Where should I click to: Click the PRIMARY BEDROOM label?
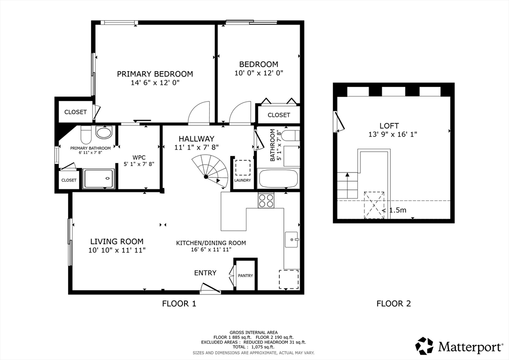[155, 74]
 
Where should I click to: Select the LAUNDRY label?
[243, 180]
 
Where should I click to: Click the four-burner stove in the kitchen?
[266, 200]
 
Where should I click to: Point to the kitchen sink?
[292, 240]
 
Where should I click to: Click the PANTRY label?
[245, 275]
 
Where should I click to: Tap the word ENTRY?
[205, 272]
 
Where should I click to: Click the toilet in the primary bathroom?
[85, 133]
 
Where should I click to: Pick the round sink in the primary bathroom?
[103, 133]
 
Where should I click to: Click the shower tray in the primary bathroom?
[99, 179]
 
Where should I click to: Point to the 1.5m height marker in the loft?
[398, 210]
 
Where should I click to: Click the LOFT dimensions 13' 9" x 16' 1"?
[393, 134]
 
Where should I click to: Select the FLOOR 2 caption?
[393, 303]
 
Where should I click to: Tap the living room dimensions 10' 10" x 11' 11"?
[117, 250]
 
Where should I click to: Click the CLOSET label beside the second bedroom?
[278, 115]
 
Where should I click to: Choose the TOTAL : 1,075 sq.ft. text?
[254, 347]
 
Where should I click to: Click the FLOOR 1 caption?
[179, 303]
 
